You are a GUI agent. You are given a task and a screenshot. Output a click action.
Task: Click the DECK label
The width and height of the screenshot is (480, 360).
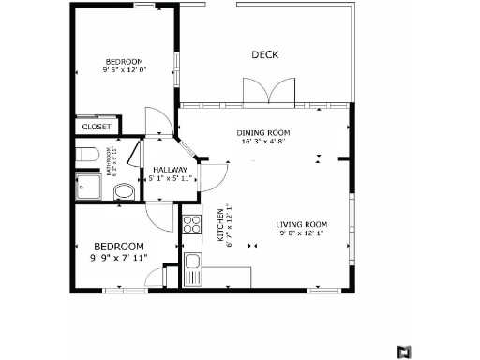(x=265, y=54)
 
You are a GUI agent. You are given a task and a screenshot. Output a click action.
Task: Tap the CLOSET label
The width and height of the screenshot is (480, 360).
(x=97, y=127)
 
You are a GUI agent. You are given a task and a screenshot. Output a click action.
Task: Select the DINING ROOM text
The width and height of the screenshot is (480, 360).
(x=262, y=132)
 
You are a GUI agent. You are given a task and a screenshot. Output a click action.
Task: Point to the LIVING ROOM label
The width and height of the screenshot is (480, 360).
(x=301, y=224)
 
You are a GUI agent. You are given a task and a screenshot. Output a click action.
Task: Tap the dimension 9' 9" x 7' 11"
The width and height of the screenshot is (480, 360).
(x=118, y=257)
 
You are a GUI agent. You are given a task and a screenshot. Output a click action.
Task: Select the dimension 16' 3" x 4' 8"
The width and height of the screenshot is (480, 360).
(x=262, y=142)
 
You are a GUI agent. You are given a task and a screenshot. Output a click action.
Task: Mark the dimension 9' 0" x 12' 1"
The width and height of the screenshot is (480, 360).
(x=301, y=234)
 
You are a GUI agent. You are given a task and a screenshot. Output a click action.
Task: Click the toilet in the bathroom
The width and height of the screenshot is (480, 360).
(x=84, y=154)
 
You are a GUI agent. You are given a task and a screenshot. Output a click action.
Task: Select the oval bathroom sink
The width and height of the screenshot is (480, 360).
(x=124, y=192)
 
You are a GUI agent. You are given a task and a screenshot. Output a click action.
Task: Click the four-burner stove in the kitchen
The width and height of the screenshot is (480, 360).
(x=191, y=224)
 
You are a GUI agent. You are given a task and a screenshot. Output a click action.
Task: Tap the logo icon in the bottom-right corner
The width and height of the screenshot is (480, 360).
(x=403, y=352)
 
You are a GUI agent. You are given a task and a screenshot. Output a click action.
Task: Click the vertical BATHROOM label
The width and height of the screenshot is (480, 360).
(x=109, y=160)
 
